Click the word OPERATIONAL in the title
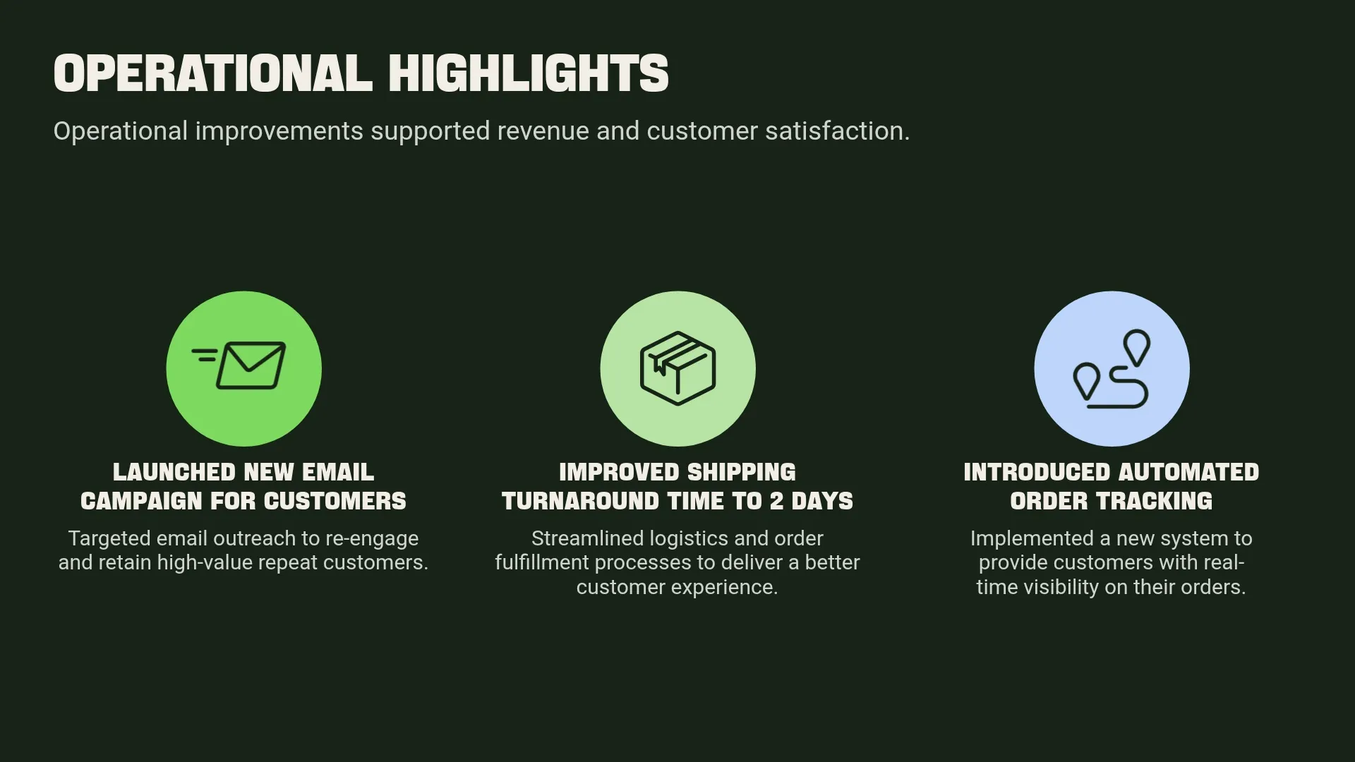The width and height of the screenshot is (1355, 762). [212, 73]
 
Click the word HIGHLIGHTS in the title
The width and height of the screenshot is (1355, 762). [528, 73]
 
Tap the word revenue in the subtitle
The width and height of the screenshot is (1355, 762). [543, 131]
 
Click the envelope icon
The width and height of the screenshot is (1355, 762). [251, 365]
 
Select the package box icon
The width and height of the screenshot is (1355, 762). [677, 368]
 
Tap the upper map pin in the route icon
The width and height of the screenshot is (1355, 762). [1136, 346]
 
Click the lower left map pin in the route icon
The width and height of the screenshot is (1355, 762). [1086, 381]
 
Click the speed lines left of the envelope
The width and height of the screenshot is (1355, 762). [205, 354]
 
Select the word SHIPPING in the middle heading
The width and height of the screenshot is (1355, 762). [741, 472]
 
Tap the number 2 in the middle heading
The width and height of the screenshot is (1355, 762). [776, 501]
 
